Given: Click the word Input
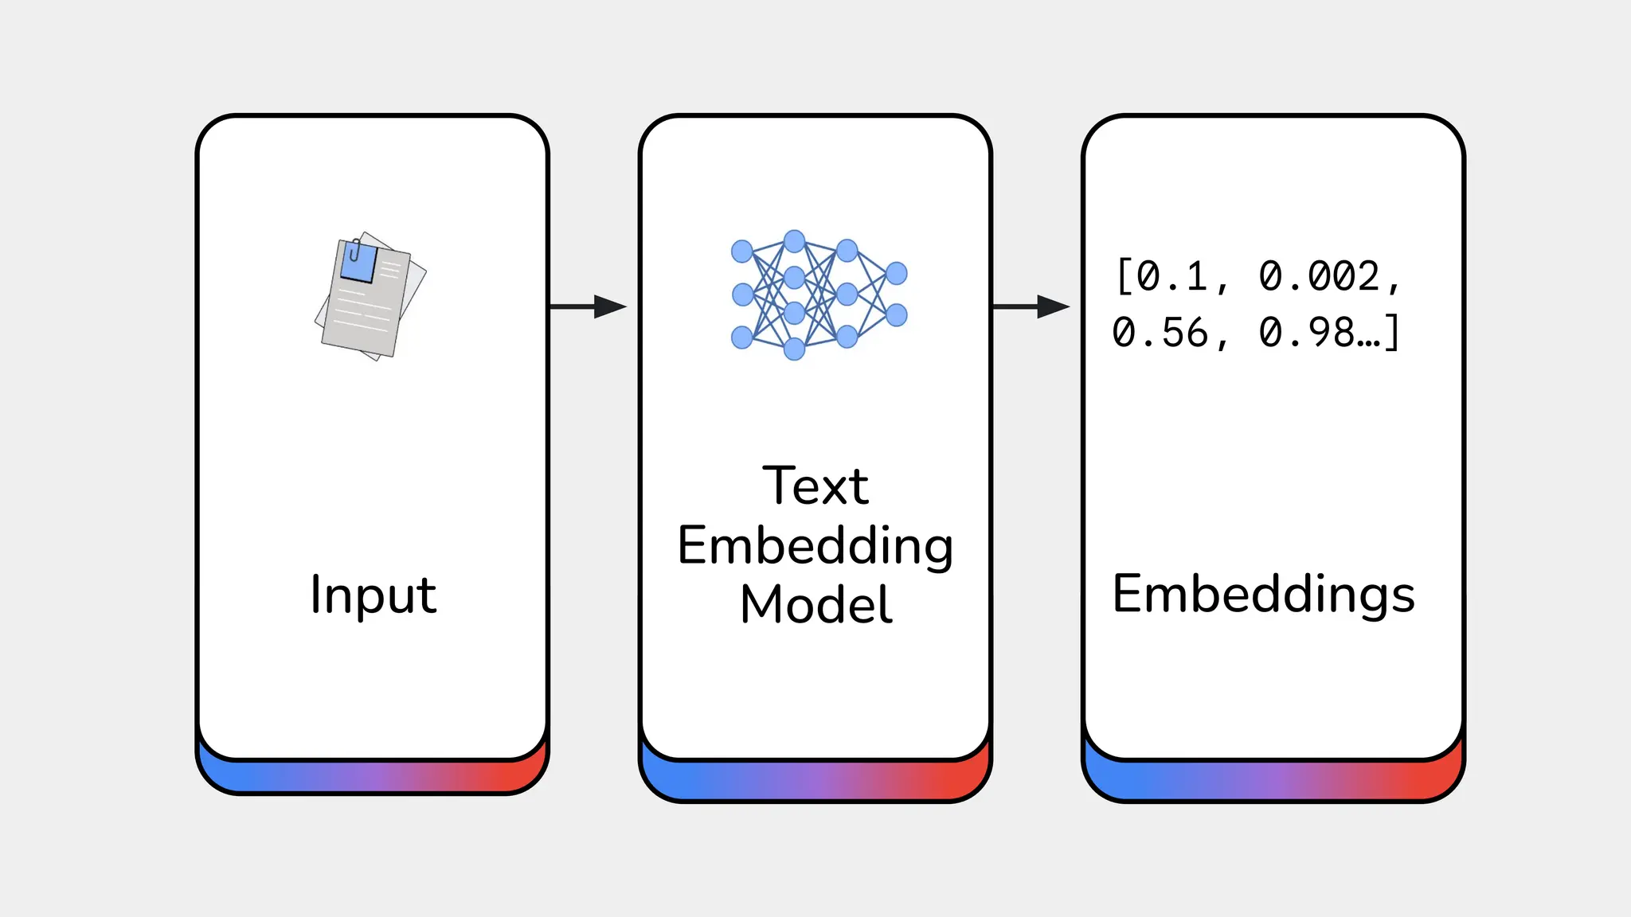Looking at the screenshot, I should (374, 595).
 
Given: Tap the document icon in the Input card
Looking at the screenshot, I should (370, 296).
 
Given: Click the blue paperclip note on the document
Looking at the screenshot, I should (358, 263).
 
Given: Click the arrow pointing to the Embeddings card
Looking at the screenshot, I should (1031, 306).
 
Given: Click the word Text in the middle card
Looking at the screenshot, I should (815, 486).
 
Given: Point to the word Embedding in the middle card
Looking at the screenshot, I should (815, 546).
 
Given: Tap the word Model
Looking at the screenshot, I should (815, 605).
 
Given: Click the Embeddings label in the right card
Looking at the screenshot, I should (1264, 594).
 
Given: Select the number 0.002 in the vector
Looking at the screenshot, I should (1319, 277).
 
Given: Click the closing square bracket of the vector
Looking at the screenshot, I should (1391, 333).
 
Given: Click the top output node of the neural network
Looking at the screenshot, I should (897, 274).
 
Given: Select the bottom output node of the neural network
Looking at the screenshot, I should (897, 315).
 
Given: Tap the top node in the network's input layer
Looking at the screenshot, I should (742, 252).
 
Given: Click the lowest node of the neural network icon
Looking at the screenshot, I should (794, 349).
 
